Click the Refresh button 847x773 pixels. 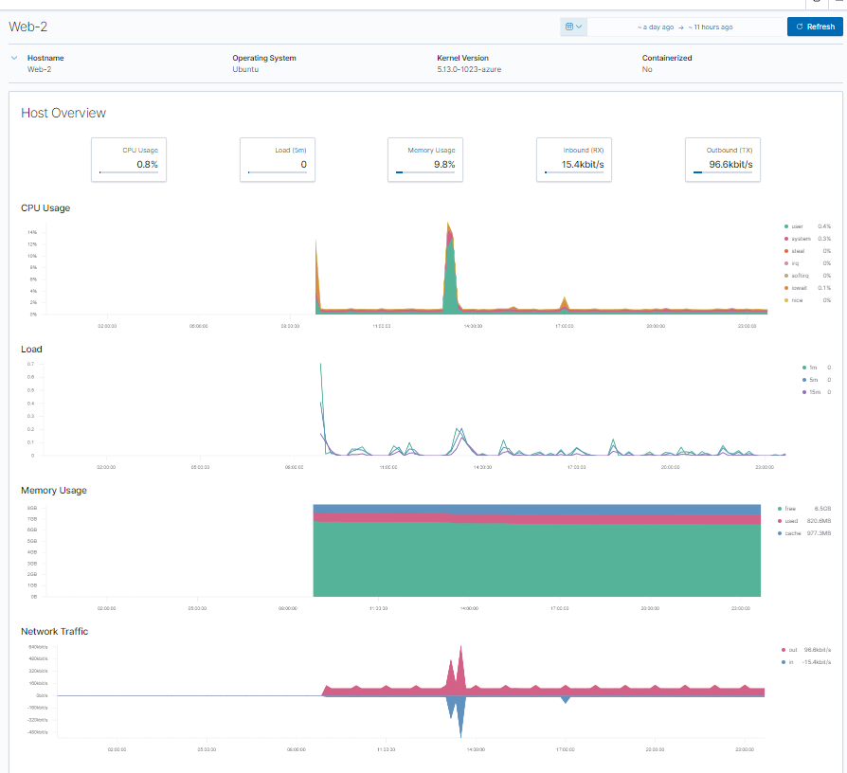tap(814, 27)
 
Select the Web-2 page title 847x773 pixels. tap(28, 27)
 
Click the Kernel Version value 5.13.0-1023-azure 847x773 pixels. tap(462, 69)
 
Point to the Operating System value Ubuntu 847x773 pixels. tap(245, 69)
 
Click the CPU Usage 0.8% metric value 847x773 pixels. tap(147, 165)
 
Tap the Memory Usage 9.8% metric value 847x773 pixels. tap(444, 165)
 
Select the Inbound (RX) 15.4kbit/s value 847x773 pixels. tap(583, 165)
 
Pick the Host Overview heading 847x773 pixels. tap(63, 113)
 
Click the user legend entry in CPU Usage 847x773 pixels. tap(797, 226)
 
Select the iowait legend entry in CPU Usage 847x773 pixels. tap(798, 288)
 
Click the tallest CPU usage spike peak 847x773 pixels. tap(449, 225)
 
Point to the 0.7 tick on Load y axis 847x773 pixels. tap(30, 364)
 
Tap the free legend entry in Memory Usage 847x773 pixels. tap(790, 509)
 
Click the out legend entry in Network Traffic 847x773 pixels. tap(789, 650)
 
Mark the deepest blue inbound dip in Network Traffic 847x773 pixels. tap(461, 735)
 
